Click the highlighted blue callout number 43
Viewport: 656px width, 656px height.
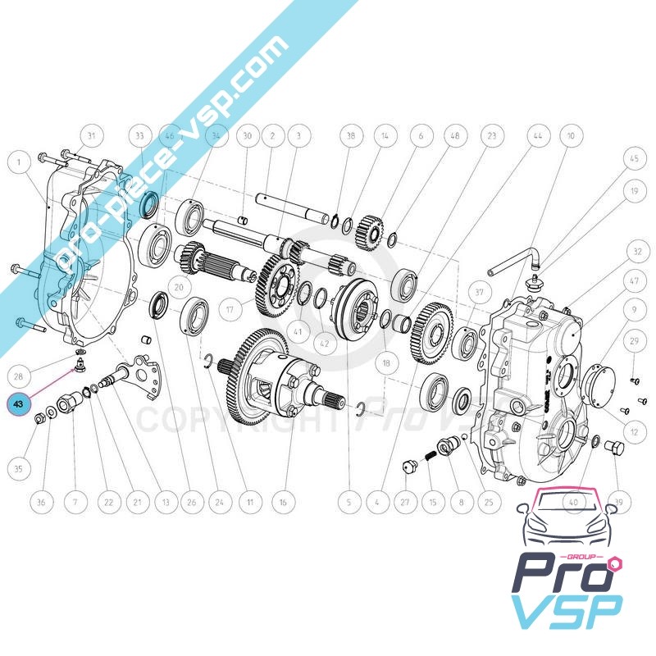(x=18, y=403)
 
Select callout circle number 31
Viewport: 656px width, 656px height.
(x=92, y=136)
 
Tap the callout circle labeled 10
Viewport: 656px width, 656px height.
(x=571, y=136)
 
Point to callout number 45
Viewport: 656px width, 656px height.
(x=634, y=158)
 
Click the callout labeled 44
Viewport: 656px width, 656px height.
(x=537, y=136)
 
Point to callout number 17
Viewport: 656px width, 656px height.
(x=231, y=310)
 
